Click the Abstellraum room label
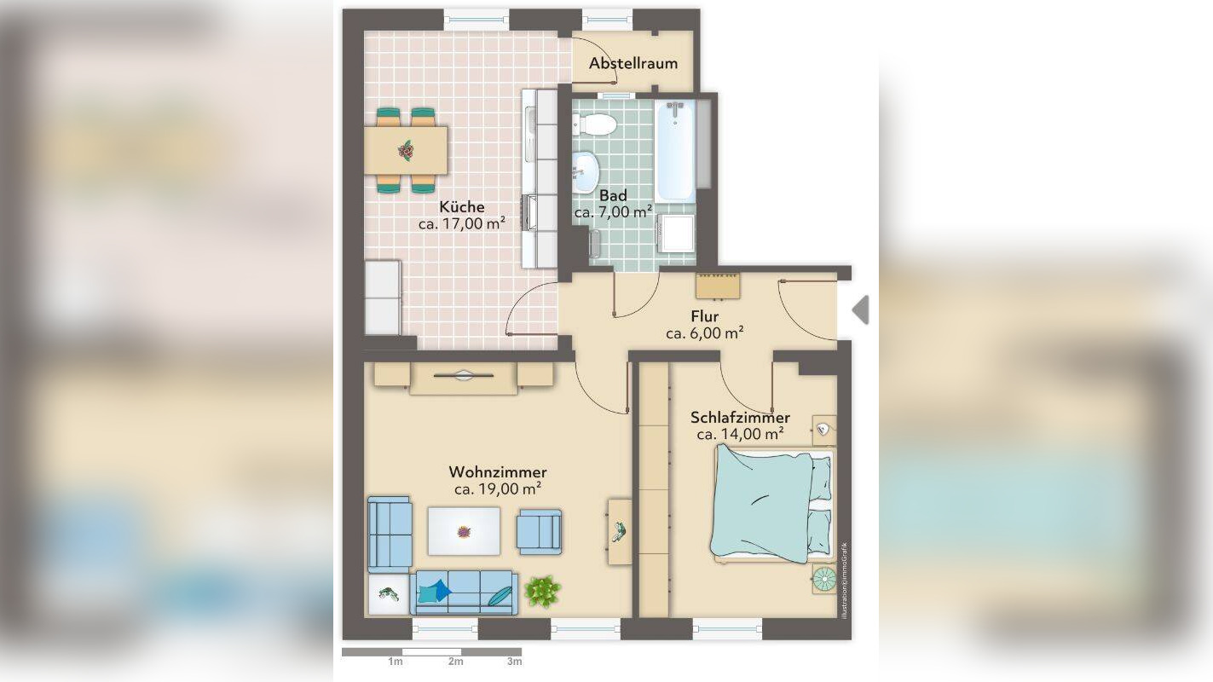[x=633, y=63]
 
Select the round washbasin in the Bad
[x=586, y=172]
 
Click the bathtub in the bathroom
[x=675, y=151]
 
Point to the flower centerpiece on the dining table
[x=405, y=150]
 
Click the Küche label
[x=461, y=207]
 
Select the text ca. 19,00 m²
[x=498, y=489]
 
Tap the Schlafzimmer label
[x=740, y=418]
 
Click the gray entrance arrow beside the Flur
[x=860, y=309]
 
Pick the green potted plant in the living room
[x=542, y=591]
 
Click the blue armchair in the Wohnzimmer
[x=539, y=531]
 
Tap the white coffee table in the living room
[x=464, y=531]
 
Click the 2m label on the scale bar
[x=455, y=662]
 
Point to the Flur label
[x=704, y=316]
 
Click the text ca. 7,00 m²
[x=613, y=212]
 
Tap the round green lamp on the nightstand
[x=824, y=579]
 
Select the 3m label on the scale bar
[x=515, y=662]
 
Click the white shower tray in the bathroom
[x=676, y=233]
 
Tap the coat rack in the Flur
[x=718, y=286]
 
